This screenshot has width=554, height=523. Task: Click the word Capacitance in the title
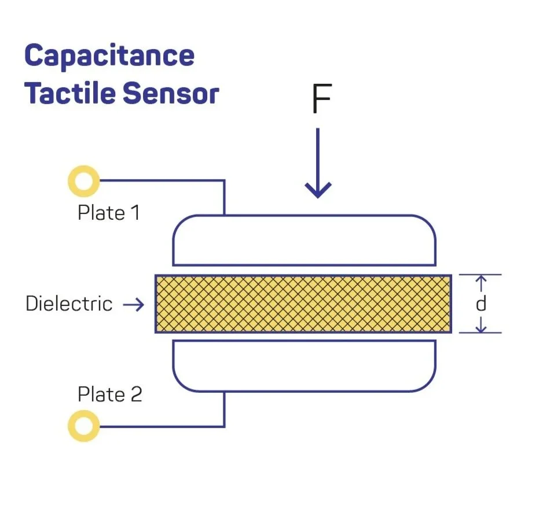tap(109, 56)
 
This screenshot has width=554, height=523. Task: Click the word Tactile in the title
tap(61, 94)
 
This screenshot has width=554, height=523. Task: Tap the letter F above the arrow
tap(321, 100)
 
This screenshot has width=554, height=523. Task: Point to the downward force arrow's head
tap(318, 190)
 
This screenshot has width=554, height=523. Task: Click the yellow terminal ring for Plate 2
tap(83, 426)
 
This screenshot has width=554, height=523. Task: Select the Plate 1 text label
tap(109, 213)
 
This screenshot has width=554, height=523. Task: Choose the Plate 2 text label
tap(109, 395)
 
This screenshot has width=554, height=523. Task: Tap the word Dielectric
tap(69, 304)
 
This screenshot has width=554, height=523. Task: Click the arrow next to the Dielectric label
tap(134, 304)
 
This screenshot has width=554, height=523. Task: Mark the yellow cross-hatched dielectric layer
tap(303, 304)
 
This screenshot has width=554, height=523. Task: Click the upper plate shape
tap(304, 240)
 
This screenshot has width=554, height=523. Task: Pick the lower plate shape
tap(304, 366)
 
